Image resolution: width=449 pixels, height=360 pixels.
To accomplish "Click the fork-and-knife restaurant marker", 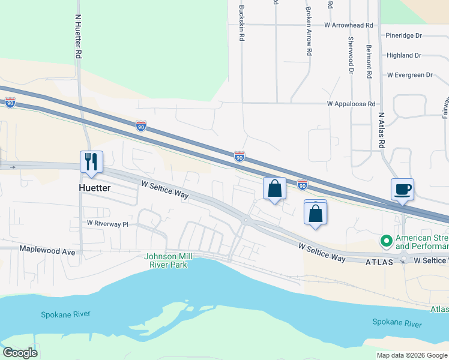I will tap(91, 162).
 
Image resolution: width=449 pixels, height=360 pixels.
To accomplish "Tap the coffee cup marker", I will tap(402, 190).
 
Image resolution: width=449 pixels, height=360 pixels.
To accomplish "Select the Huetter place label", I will tap(96, 188).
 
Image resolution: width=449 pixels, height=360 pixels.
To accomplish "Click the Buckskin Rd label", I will tap(241, 23).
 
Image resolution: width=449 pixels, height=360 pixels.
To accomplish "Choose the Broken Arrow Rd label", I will tap(309, 31).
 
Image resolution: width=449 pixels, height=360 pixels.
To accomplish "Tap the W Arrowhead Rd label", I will tap(348, 26).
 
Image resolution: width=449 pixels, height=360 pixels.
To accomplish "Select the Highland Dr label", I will tap(404, 55).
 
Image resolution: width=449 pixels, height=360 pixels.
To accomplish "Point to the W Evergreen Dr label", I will tap(410, 75).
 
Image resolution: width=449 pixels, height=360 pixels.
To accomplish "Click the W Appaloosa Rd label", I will tap(351, 104).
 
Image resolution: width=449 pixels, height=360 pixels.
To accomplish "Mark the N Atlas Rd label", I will tap(381, 130).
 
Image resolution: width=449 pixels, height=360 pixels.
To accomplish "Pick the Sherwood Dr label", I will tap(351, 55).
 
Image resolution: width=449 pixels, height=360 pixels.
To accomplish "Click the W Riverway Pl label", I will tap(107, 223).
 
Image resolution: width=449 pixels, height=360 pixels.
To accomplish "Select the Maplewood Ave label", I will tap(47, 248).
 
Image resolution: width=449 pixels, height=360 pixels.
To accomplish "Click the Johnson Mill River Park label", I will tap(168, 260).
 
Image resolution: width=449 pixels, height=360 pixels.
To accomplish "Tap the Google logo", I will tap(20, 353).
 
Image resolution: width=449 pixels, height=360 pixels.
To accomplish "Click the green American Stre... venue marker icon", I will tap(387, 242).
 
